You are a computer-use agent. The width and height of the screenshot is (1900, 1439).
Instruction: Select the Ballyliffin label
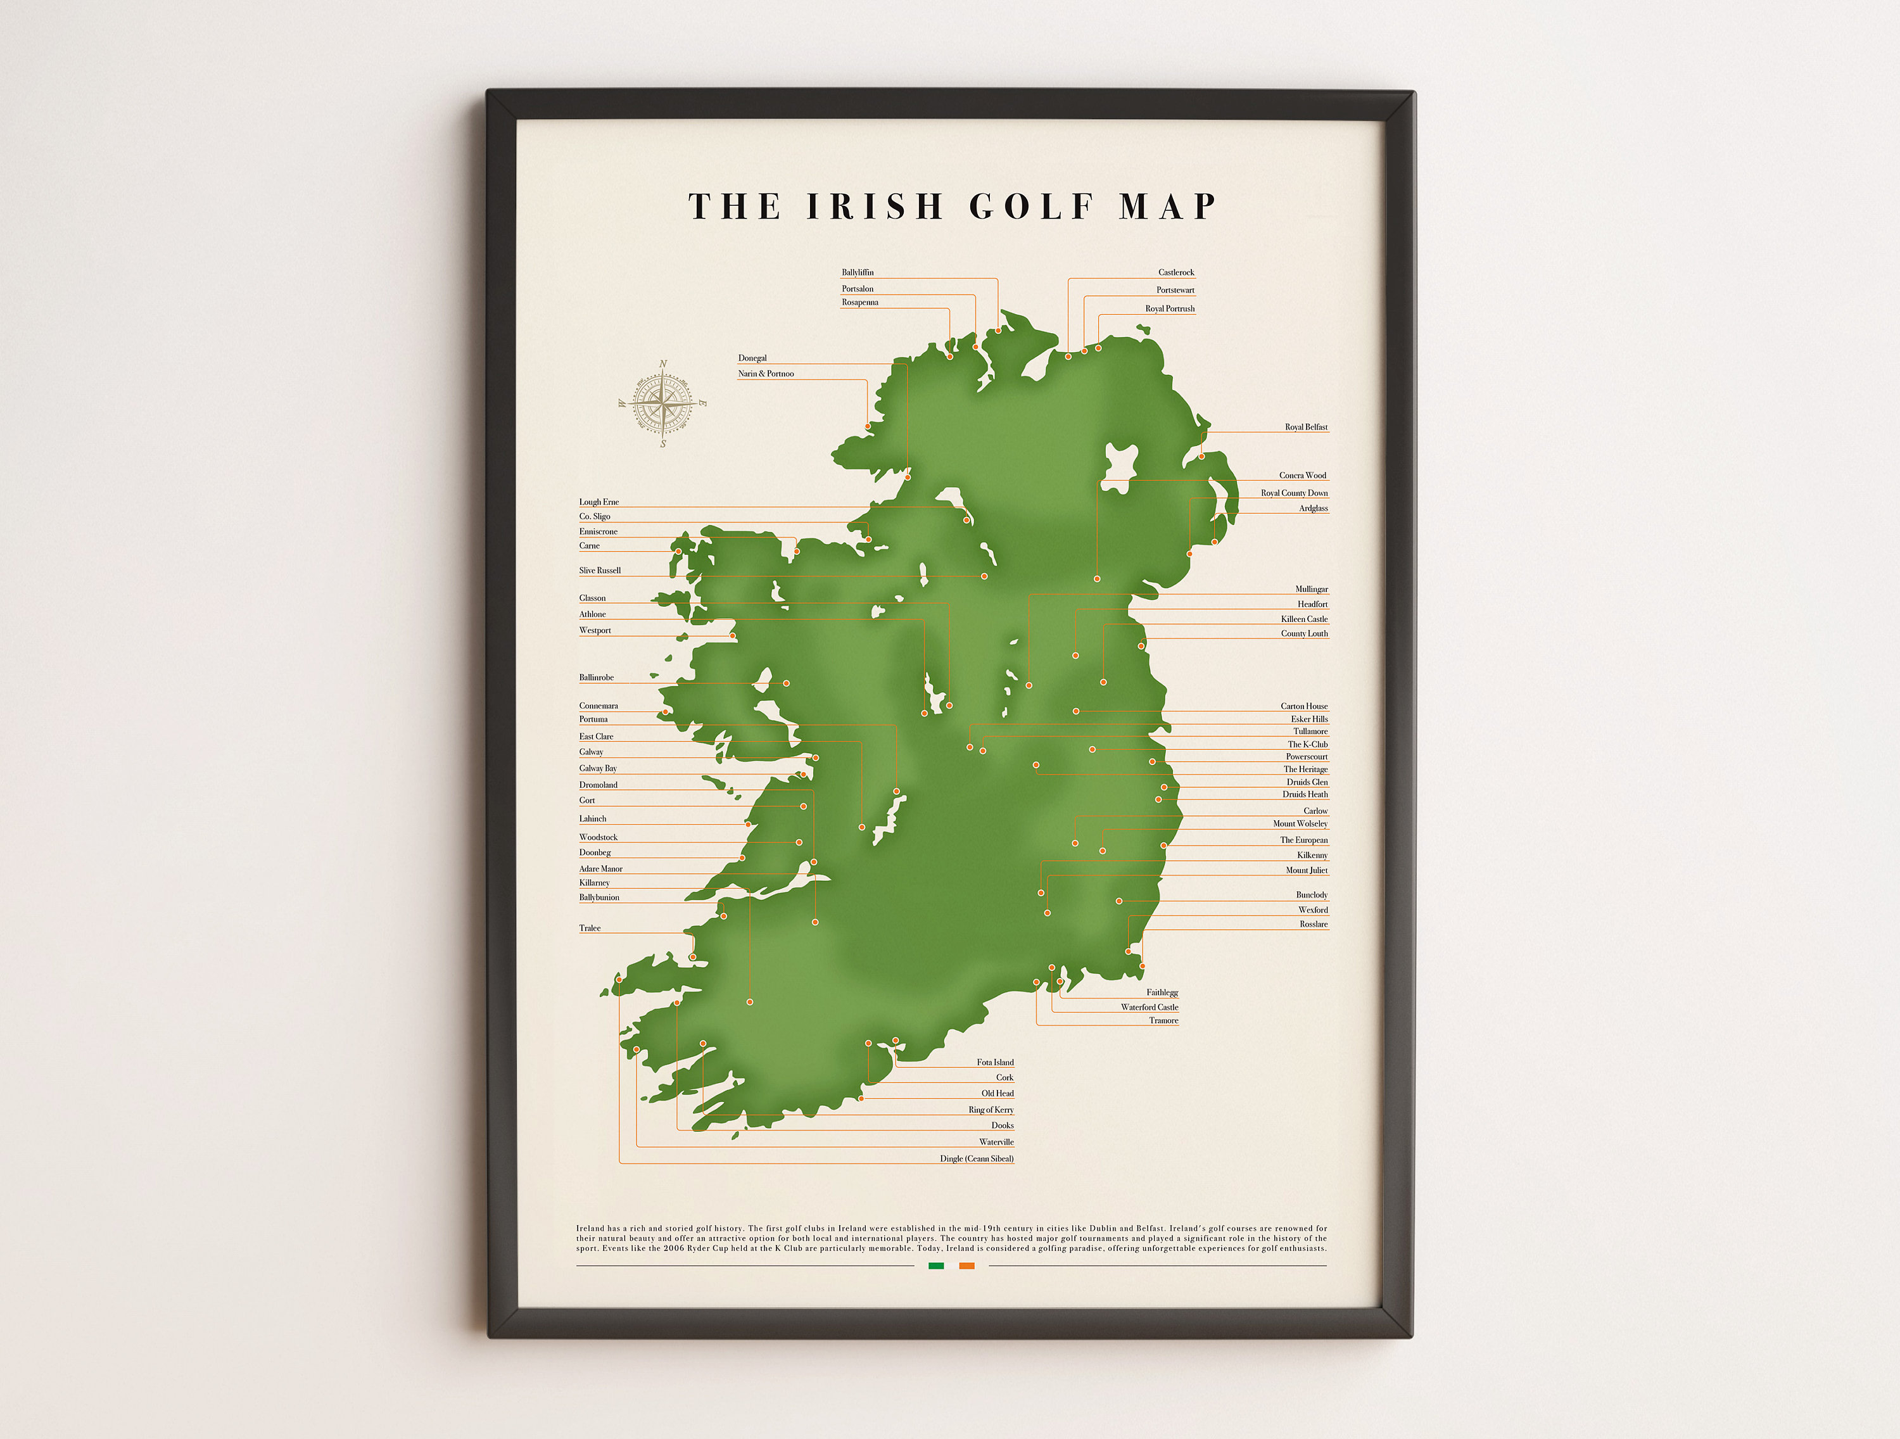tap(858, 272)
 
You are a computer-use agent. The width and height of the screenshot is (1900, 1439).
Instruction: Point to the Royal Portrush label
tap(1169, 308)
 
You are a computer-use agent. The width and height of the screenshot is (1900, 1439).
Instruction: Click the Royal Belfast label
tap(1305, 427)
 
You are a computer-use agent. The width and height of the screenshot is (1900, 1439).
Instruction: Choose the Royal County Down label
tap(1293, 493)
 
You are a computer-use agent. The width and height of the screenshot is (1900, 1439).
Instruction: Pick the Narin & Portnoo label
tap(765, 374)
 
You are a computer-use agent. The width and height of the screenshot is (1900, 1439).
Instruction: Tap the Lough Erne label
tap(598, 502)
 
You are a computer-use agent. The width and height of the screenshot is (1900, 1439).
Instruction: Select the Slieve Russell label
tap(600, 571)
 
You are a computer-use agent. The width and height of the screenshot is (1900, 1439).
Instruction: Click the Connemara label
tap(598, 706)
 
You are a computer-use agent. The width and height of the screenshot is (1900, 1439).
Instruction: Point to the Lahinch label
tap(593, 819)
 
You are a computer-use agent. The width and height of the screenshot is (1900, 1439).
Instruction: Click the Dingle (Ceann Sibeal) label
tap(977, 1159)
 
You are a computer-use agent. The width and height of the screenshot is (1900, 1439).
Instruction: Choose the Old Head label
tap(997, 1094)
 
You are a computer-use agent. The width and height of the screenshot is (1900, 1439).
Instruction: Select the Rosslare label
tap(1314, 925)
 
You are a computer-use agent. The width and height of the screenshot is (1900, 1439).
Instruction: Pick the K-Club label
tap(1307, 744)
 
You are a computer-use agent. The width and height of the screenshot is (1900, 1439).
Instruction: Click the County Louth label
tap(1304, 634)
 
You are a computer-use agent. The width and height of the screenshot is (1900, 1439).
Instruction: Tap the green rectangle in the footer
tap(936, 1265)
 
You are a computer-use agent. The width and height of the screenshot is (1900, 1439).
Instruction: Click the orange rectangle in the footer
tap(966, 1265)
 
